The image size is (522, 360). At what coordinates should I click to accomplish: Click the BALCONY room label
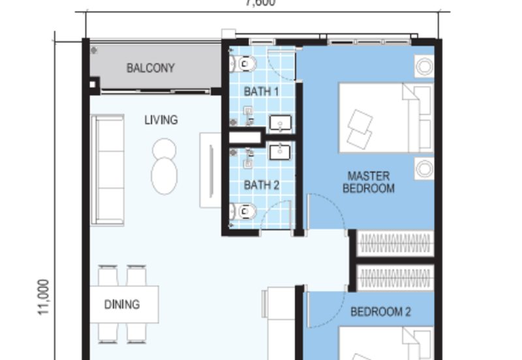pos(151,68)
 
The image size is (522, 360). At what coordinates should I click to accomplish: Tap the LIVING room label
pos(161,120)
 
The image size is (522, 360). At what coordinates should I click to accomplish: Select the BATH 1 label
pos(261,91)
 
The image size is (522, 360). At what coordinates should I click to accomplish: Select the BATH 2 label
pos(261,185)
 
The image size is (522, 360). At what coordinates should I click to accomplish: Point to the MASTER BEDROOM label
pos(370,182)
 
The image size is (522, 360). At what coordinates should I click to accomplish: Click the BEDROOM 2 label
pos(380,312)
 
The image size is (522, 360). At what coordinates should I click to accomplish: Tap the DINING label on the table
pos(122,305)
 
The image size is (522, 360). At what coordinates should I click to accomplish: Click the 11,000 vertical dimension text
pos(44,298)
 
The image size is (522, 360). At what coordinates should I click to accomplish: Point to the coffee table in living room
pos(163,166)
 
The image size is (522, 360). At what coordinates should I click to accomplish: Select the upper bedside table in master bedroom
pos(424,67)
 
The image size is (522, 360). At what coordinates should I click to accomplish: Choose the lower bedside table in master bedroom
pos(424,168)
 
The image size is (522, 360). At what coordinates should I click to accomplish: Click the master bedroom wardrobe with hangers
pos(395,243)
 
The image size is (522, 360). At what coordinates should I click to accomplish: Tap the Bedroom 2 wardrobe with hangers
pos(395,278)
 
